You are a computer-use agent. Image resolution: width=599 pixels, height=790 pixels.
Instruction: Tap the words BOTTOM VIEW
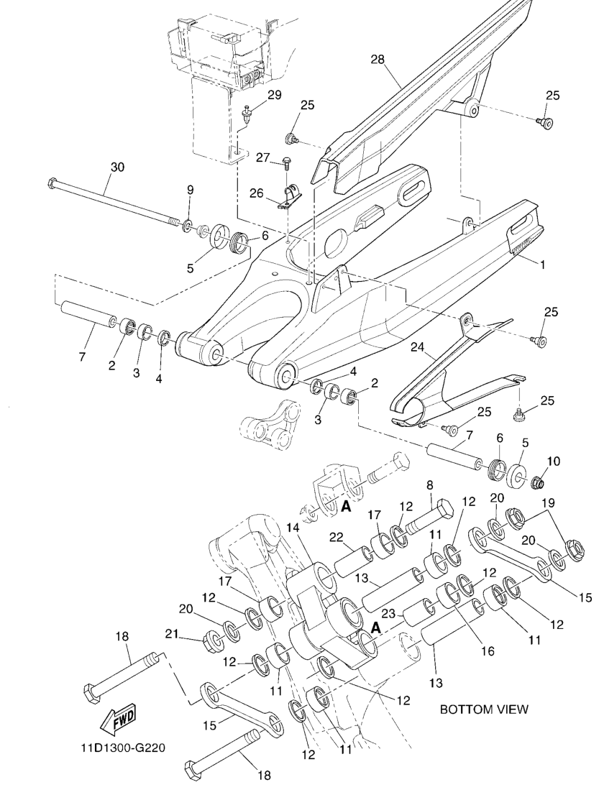484,709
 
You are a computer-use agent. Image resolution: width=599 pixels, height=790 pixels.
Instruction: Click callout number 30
117,167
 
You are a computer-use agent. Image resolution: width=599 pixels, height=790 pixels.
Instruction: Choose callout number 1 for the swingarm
543,265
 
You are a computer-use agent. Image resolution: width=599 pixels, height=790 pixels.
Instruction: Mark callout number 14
313,528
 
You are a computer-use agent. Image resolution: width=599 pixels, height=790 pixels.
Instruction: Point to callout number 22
336,537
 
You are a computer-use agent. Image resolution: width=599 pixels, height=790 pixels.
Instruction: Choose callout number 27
263,157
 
